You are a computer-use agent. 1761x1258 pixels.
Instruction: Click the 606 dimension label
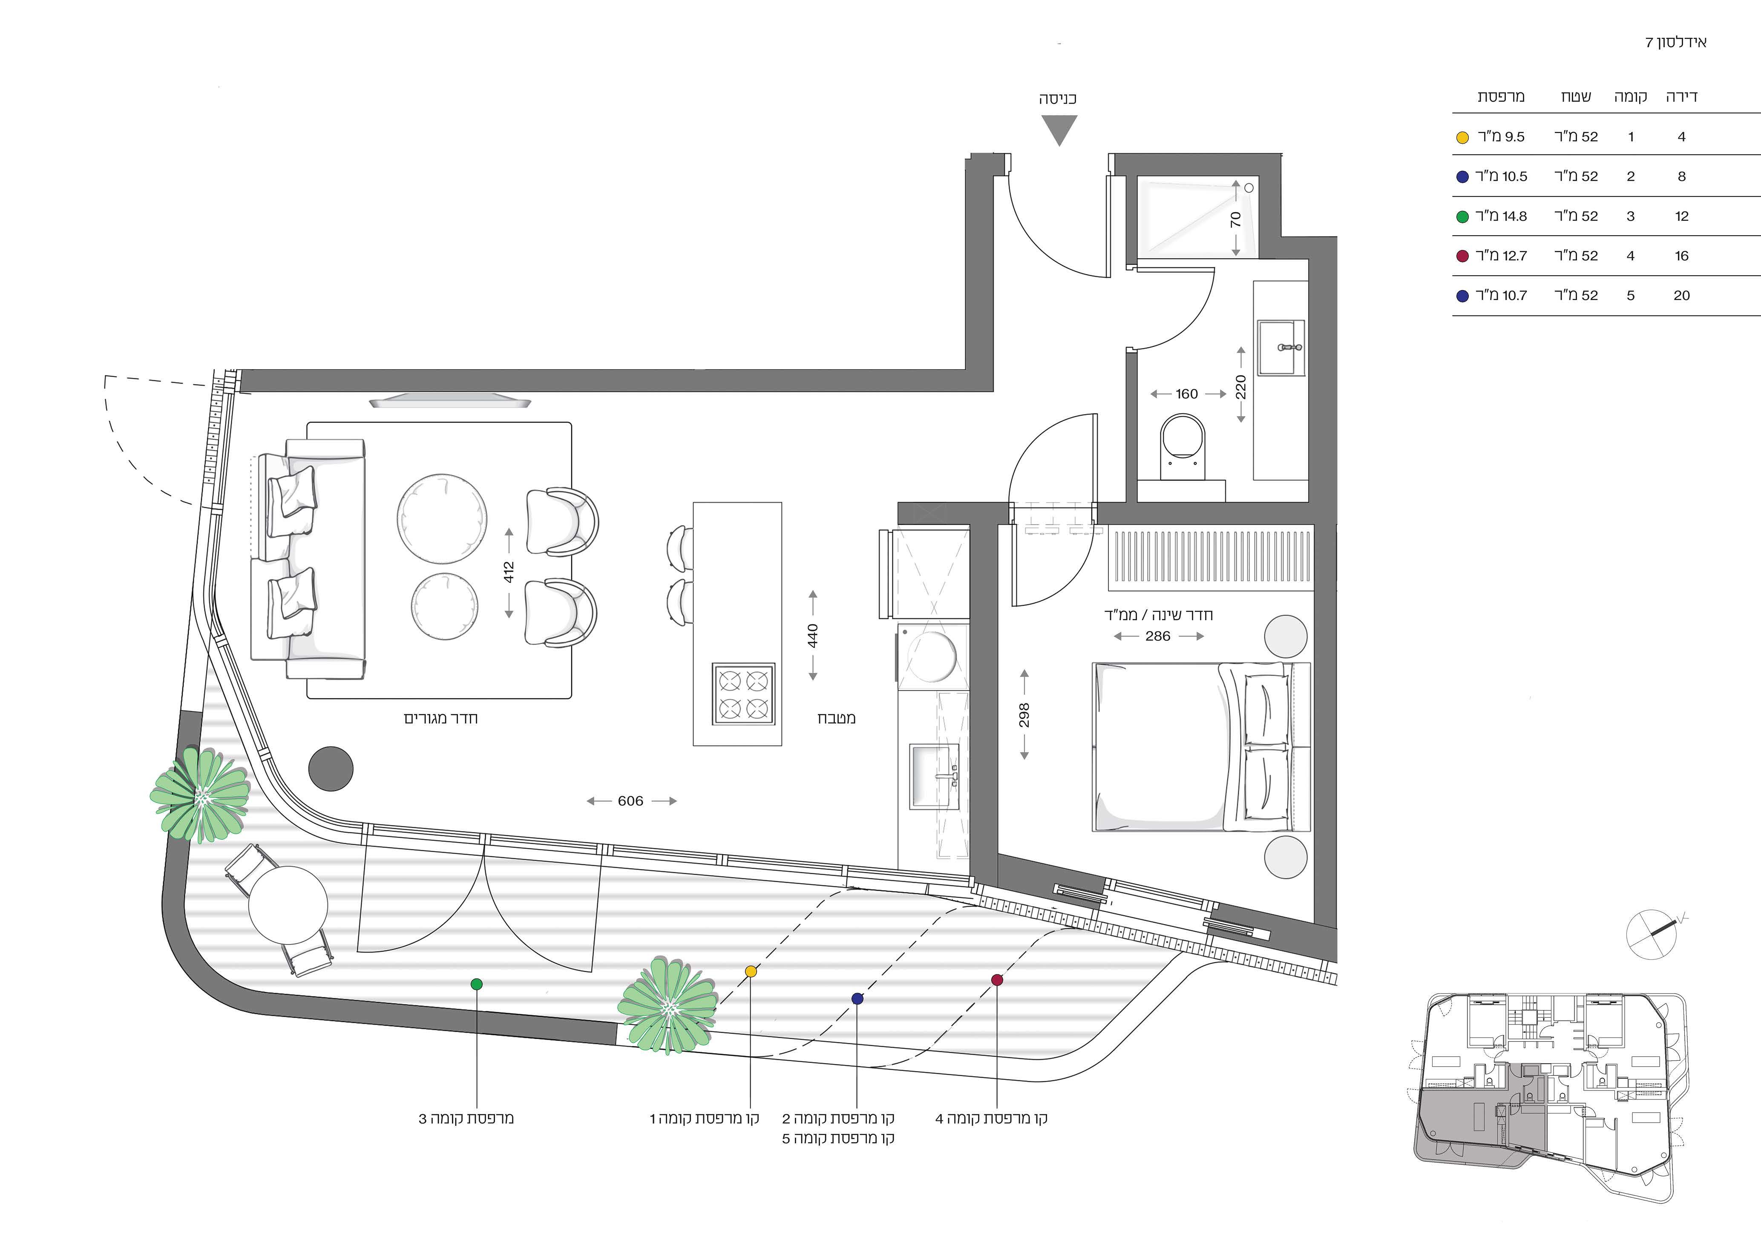(x=630, y=801)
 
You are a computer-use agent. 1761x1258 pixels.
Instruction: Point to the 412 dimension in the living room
(x=509, y=573)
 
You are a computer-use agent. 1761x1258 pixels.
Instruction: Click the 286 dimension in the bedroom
(x=1158, y=636)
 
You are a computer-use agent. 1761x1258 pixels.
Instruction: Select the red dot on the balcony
(x=997, y=980)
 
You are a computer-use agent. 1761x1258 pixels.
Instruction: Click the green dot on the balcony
(x=476, y=984)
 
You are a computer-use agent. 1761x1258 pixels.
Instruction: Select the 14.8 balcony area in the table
(x=1515, y=216)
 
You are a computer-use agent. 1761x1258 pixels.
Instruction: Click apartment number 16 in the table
(x=1681, y=256)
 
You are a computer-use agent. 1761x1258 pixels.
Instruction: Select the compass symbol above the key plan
(x=1652, y=933)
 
